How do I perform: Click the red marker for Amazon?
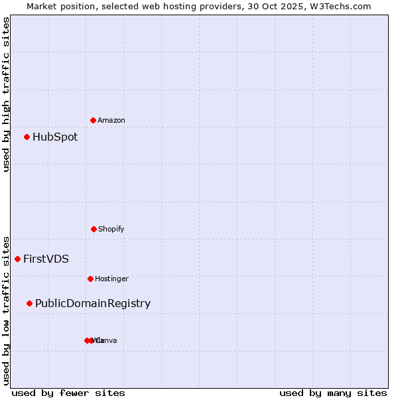click(93, 120)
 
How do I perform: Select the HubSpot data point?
click(27, 137)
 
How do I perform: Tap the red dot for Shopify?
click(94, 229)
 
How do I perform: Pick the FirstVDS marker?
click(17, 259)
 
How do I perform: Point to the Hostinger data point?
click(90, 279)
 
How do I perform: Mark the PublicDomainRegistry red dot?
click(29, 303)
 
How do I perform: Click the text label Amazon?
click(111, 121)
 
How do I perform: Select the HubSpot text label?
click(55, 137)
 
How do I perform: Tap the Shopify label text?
click(111, 230)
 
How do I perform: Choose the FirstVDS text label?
click(46, 259)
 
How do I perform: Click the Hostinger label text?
click(111, 279)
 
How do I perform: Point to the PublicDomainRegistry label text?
click(93, 304)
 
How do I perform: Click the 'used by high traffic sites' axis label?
click(6, 94)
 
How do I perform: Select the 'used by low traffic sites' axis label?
click(6, 310)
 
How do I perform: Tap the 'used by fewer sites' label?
click(68, 393)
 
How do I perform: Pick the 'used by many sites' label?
click(333, 393)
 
